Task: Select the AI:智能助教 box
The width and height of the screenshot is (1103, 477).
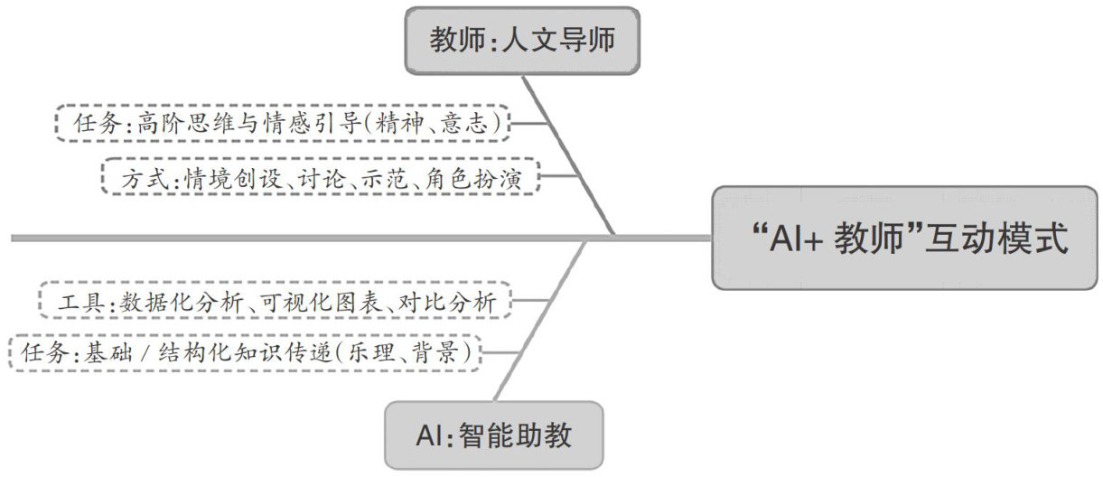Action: (x=493, y=436)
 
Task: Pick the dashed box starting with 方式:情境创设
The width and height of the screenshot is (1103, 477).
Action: (x=321, y=178)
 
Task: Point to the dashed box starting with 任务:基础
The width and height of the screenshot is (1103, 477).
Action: (x=243, y=352)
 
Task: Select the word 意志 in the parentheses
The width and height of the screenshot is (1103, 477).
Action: (x=467, y=124)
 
